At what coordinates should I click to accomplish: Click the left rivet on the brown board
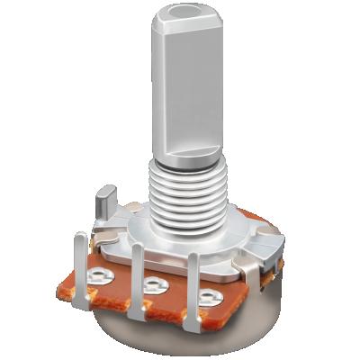(x=101, y=273)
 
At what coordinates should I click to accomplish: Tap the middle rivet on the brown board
(x=153, y=286)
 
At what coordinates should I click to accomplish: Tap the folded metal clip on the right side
(x=267, y=247)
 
